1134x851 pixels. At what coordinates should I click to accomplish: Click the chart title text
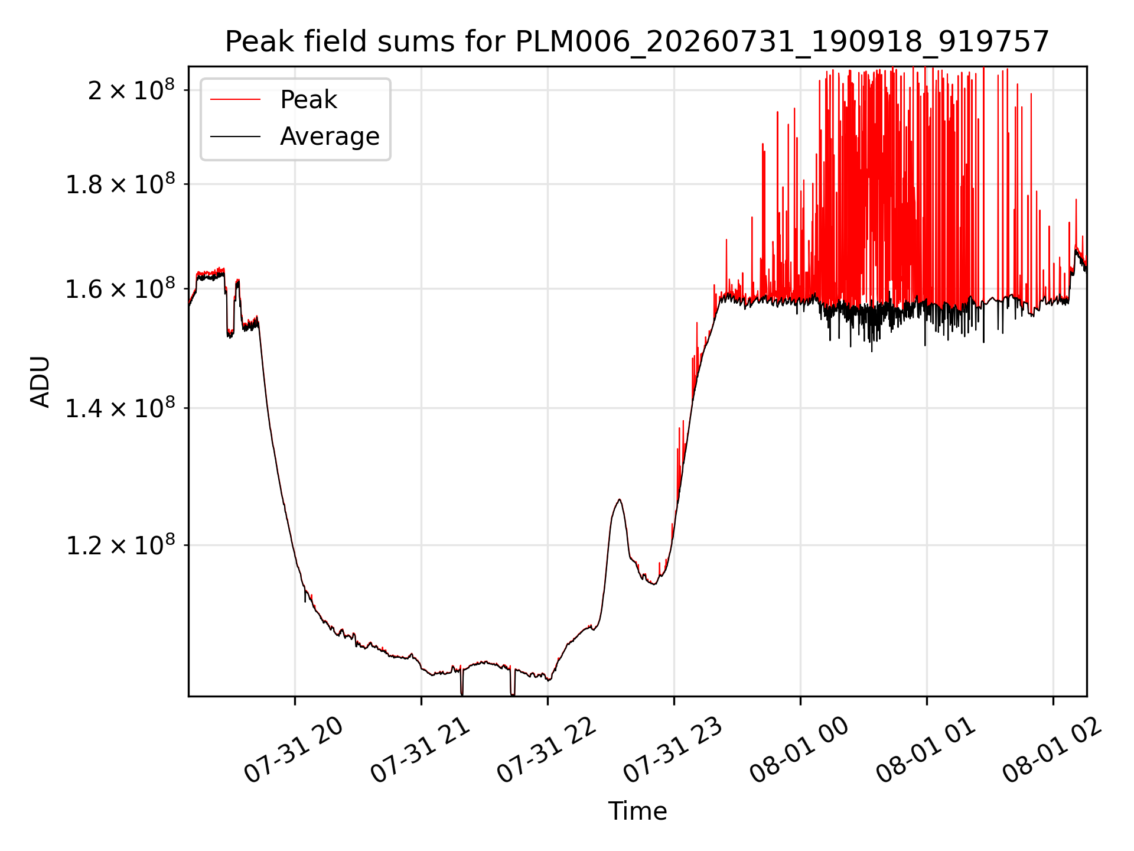(x=637, y=42)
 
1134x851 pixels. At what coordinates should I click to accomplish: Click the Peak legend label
(x=308, y=100)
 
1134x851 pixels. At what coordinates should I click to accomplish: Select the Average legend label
(x=330, y=137)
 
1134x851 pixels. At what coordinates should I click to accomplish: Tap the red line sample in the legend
(x=235, y=100)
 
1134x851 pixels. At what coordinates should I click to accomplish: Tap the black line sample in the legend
(x=235, y=137)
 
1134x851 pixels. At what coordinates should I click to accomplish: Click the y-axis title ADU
(x=40, y=381)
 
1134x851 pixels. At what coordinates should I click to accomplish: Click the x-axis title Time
(x=637, y=811)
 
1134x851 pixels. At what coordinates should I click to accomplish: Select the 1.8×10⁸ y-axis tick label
(x=120, y=184)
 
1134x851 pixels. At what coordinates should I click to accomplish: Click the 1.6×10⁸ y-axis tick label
(x=120, y=290)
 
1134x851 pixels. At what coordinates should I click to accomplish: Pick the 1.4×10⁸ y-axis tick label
(x=120, y=408)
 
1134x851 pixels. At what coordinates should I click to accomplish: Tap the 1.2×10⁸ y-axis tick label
(x=120, y=545)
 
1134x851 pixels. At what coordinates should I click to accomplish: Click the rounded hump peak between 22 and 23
(x=619, y=500)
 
